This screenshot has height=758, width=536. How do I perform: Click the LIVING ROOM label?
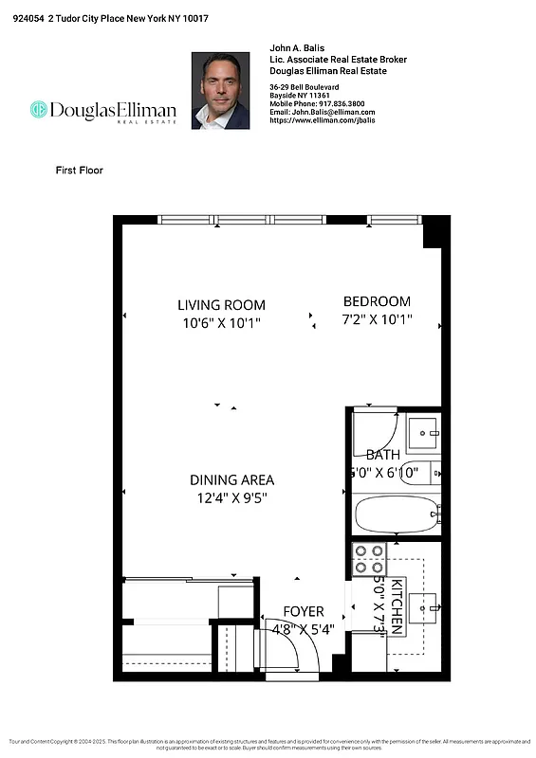(x=221, y=305)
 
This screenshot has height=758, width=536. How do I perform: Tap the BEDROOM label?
(x=377, y=301)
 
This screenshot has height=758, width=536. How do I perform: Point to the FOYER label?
(x=304, y=612)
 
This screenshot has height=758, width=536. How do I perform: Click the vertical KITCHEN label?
(x=397, y=605)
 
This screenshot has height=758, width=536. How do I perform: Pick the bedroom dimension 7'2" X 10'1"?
(x=377, y=320)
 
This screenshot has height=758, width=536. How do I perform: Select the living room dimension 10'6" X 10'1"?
(x=221, y=323)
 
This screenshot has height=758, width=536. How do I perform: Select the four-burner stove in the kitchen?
(x=368, y=561)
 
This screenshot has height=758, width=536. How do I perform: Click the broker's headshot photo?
(x=220, y=90)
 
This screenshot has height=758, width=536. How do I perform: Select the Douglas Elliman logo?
(x=102, y=111)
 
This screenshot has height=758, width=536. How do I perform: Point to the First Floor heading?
(x=79, y=171)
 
